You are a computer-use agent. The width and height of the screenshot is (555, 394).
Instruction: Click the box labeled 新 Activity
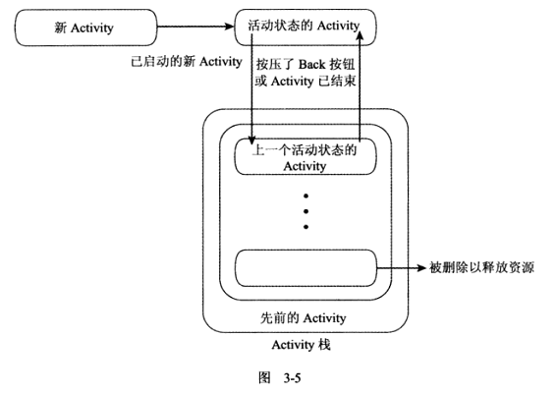pyautogui.click(x=85, y=28)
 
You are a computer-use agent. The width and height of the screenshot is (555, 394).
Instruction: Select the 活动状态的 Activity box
pyautogui.click(x=305, y=28)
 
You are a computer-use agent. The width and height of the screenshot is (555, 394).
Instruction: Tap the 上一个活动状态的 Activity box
pyautogui.click(x=305, y=156)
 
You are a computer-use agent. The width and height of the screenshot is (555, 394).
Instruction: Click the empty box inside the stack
pyautogui.click(x=305, y=268)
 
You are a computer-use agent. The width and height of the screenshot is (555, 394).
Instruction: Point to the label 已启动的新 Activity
pyautogui.click(x=187, y=62)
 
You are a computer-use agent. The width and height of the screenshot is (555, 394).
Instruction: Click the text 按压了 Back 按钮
pyautogui.click(x=305, y=65)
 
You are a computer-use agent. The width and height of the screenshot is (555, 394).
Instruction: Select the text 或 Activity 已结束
pyautogui.click(x=305, y=82)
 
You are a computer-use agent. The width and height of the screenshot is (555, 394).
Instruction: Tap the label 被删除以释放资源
pyautogui.click(x=481, y=267)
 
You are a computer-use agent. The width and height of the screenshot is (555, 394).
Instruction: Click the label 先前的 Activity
pyautogui.click(x=303, y=318)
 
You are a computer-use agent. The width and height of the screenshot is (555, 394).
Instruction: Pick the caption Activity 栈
pyautogui.click(x=302, y=345)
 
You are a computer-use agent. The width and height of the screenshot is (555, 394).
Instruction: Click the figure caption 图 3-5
pyautogui.click(x=280, y=377)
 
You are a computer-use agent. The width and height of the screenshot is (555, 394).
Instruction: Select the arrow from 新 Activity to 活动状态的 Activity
pyautogui.click(x=195, y=27)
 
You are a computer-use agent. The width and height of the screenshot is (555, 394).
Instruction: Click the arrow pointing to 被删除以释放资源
pyautogui.click(x=401, y=268)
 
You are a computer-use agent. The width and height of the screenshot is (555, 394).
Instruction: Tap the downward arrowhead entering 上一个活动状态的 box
pyautogui.click(x=251, y=141)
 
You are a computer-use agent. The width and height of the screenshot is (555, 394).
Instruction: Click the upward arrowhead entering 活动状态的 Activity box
pyautogui.click(x=360, y=35)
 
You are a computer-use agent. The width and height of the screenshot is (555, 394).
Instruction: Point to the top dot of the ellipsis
pyautogui.click(x=305, y=196)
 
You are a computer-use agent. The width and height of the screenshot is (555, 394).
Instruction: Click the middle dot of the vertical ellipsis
pyautogui.click(x=305, y=211)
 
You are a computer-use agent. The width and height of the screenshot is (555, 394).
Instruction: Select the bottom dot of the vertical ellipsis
pyautogui.click(x=305, y=227)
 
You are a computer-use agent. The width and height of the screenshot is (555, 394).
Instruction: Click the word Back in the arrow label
pyautogui.click(x=311, y=65)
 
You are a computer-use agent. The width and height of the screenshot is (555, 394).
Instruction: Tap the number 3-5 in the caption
pyautogui.click(x=292, y=378)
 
